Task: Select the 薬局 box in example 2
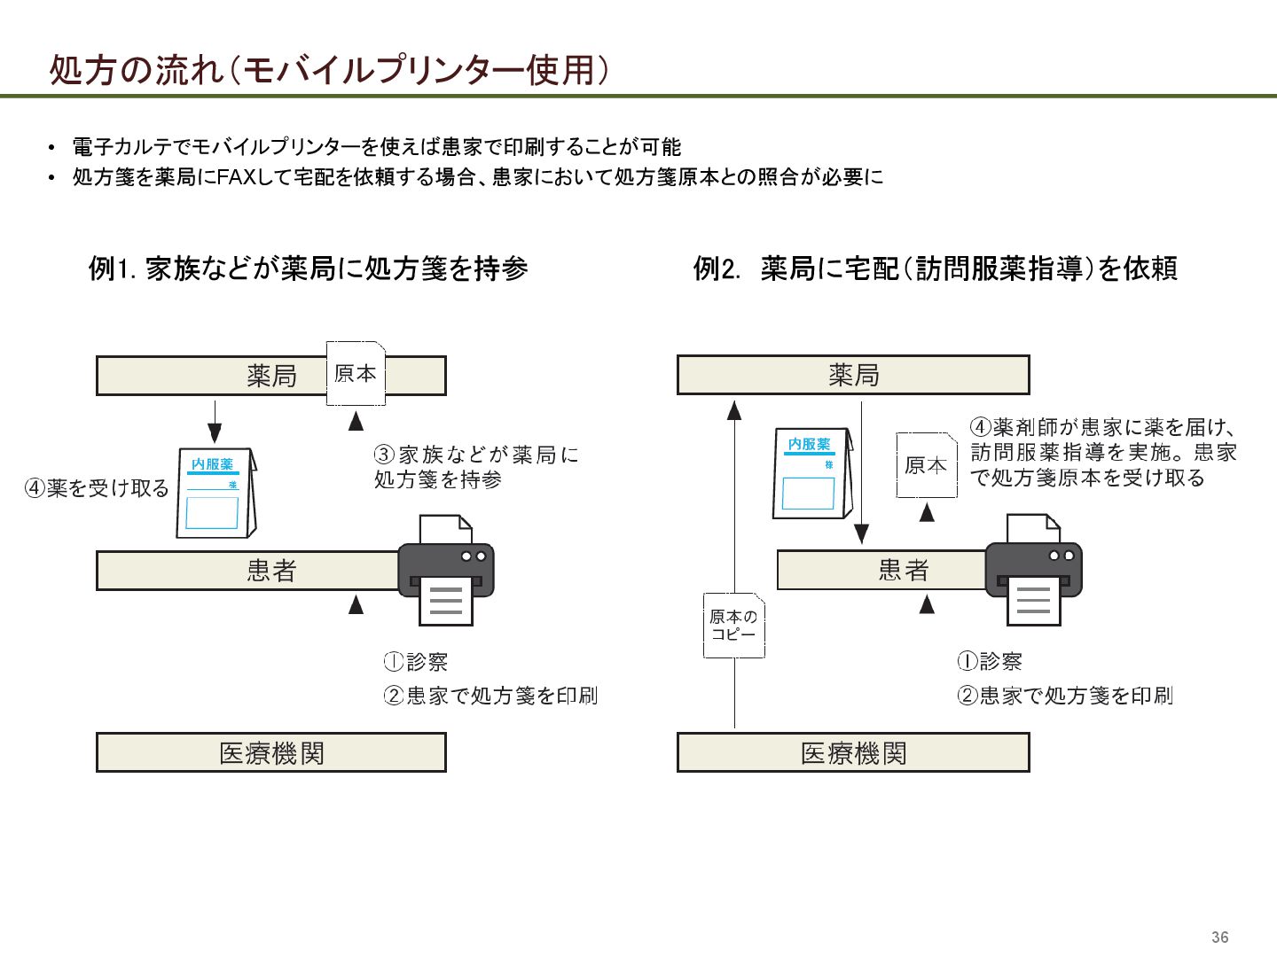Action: pos(852,375)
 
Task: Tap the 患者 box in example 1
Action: pos(247,571)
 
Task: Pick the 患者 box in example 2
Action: pos(881,570)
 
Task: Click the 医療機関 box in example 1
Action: pos(270,752)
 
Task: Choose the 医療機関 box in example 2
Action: pos(852,752)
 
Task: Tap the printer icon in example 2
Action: pos(1033,572)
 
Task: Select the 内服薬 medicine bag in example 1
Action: pos(215,494)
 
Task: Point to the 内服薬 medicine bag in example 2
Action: pos(811,473)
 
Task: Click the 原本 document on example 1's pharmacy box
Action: pos(356,374)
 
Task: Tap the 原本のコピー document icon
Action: pos(733,626)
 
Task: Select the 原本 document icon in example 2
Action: pos(926,465)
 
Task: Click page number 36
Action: pos(1219,938)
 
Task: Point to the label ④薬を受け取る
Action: pos(97,488)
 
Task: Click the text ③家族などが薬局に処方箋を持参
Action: pos(475,467)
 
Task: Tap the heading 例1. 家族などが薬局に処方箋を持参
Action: pos(308,268)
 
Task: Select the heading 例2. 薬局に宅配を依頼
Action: pos(935,268)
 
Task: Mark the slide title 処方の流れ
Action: pos(137,70)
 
